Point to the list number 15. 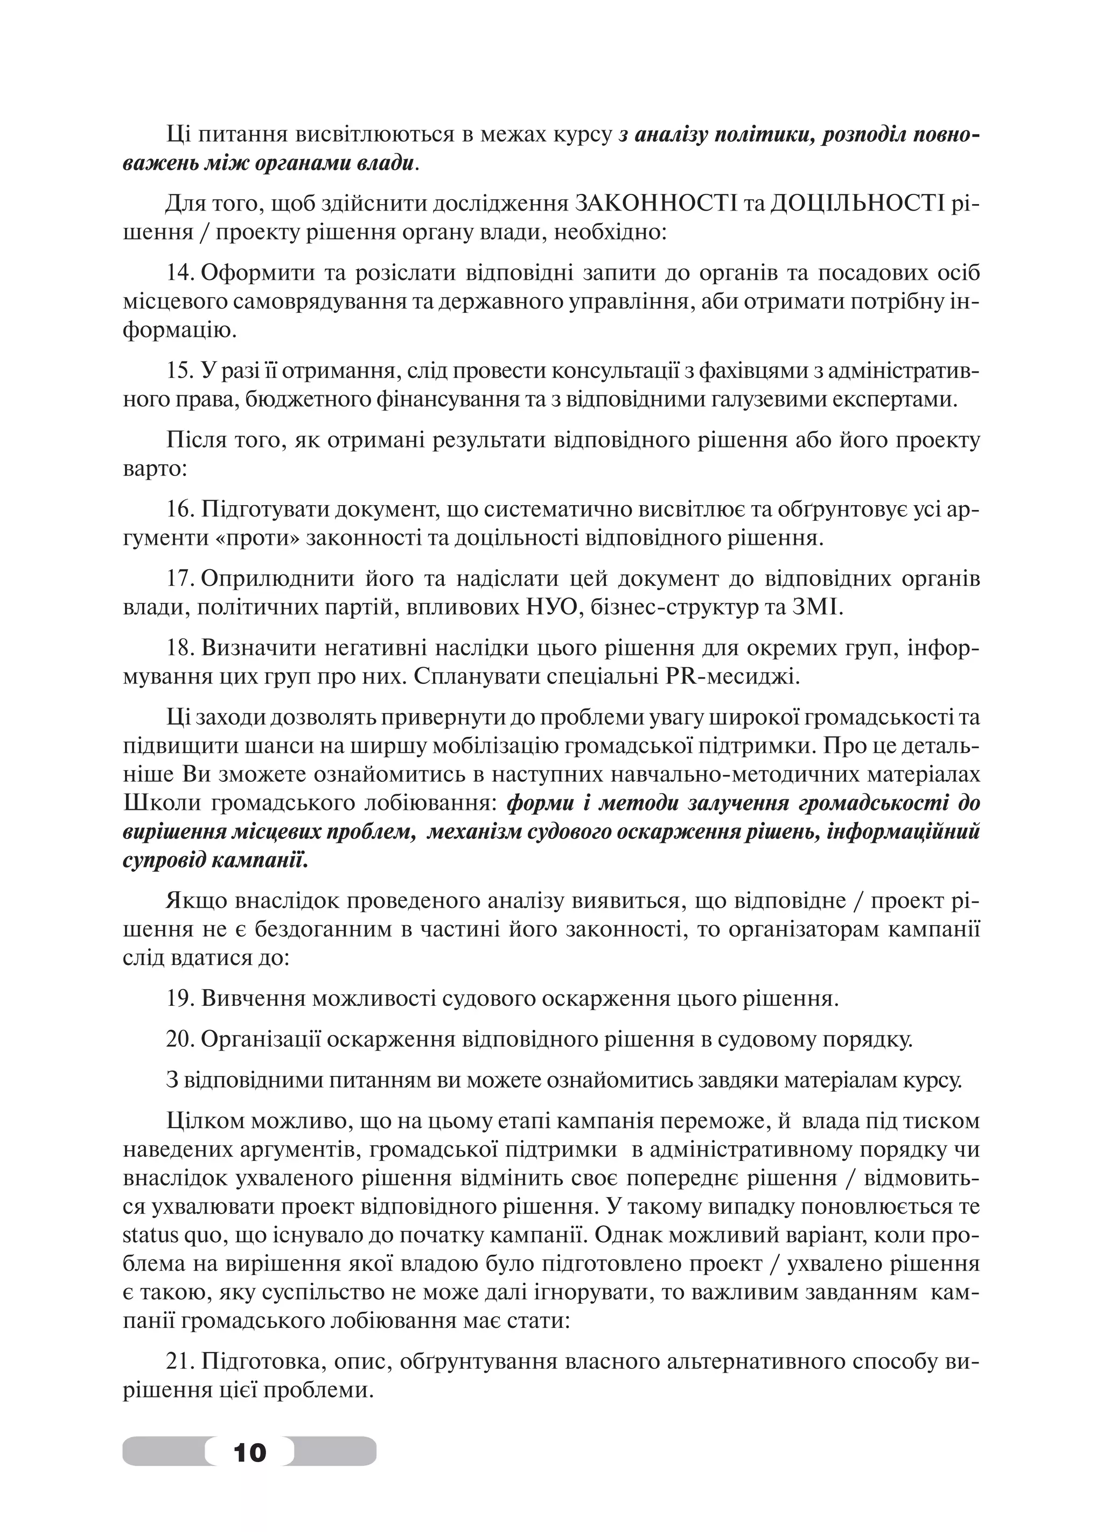(180, 371)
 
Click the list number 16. (180, 509)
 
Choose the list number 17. (180, 579)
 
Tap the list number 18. (180, 648)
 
